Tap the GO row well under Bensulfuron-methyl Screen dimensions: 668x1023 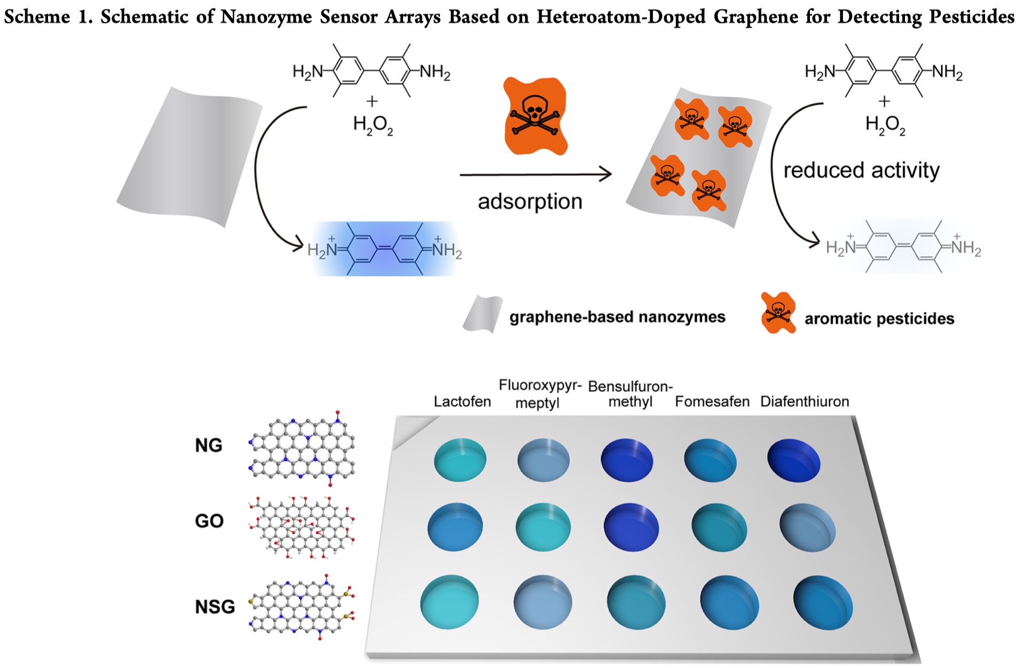pyautogui.click(x=631, y=527)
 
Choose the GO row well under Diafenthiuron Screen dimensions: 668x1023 pyautogui.click(x=807, y=528)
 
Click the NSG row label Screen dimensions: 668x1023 pyautogui.click(x=215, y=607)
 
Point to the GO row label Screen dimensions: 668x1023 pyautogui.click(x=209, y=521)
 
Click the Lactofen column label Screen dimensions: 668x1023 pyautogui.click(x=462, y=401)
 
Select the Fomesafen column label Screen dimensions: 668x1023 pyautogui.click(x=712, y=401)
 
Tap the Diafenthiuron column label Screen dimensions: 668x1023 pyautogui.click(x=804, y=401)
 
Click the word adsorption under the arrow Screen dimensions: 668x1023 pyautogui.click(x=530, y=202)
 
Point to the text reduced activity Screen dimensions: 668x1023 pyautogui.click(x=861, y=170)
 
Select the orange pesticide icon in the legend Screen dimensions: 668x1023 pyautogui.click(x=778, y=313)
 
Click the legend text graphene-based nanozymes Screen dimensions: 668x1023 pyautogui.click(x=617, y=317)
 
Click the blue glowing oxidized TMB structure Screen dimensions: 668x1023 pyautogui.click(x=385, y=249)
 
